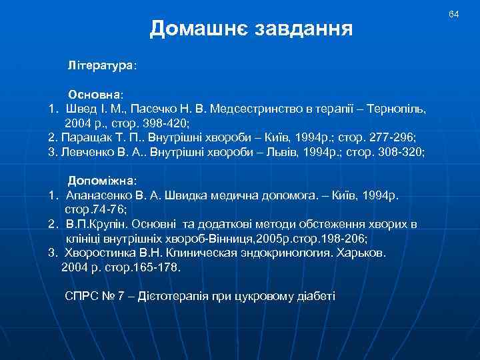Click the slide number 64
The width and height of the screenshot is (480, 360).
click(x=454, y=14)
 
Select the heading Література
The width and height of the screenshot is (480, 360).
click(x=100, y=67)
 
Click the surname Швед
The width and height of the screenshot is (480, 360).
click(x=81, y=108)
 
